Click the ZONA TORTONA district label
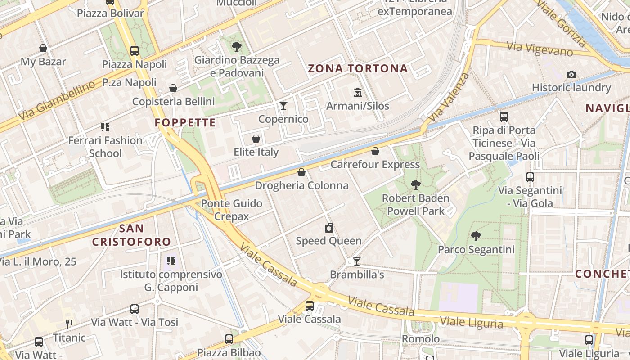coord(358,69)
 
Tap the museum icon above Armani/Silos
coord(358,92)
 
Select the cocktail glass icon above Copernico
coord(283,106)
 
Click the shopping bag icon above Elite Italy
coord(256,139)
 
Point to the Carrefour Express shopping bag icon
coord(375,151)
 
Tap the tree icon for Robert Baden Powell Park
coord(416,184)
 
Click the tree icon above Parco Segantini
coord(476,236)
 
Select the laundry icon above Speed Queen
coord(329,228)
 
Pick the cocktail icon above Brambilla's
coord(357,261)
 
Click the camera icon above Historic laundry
coord(571,74)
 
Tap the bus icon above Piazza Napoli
coord(134,50)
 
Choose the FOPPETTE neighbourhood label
coord(185,122)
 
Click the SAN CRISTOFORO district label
coord(132,235)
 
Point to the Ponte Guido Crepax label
coord(231,210)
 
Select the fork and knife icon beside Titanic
coord(69,324)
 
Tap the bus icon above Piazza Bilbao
coord(229,339)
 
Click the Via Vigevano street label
coord(540,49)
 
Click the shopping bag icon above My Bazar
coord(43,48)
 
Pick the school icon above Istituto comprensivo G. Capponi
coord(171,261)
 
